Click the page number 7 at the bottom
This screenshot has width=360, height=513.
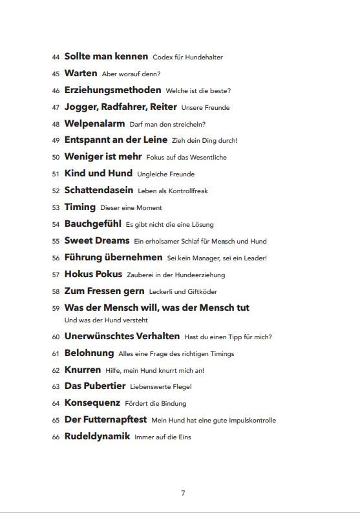[183, 493]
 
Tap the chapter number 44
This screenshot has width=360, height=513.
[56, 58]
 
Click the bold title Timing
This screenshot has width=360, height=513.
[80, 207]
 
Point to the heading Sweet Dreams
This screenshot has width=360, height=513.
[97, 241]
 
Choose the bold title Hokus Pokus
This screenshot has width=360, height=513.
[93, 274]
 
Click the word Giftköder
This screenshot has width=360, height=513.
[202, 292]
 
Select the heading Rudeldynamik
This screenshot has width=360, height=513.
[97, 437]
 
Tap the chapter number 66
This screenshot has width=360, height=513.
[56, 437]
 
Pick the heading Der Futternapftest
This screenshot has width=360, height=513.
[106, 420]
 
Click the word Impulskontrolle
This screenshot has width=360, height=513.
[253, 421]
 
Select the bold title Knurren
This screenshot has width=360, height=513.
[83, 370]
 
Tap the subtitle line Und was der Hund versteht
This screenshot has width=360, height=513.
[107, 320]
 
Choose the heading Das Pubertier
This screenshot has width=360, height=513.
[95, 386]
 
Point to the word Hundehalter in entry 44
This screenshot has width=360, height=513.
[204, 58]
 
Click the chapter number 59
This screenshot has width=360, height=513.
[56, 309]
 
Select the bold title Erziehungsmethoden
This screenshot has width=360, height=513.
[112, 90]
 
